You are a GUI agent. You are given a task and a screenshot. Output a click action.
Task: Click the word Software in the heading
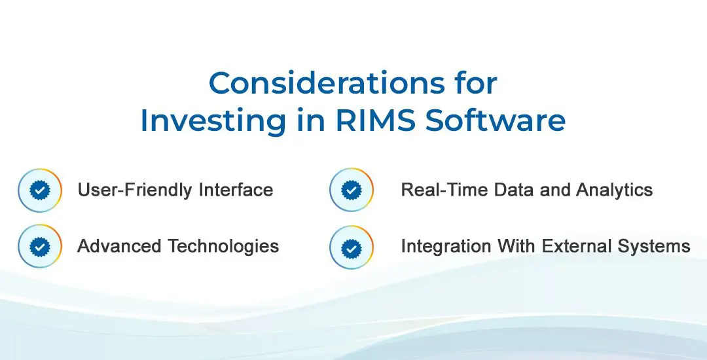coord(496,120)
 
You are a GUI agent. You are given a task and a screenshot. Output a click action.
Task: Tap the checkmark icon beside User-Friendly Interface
coord(40,190)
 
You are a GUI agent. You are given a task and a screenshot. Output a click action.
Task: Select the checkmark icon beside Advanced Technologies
coord(40,247)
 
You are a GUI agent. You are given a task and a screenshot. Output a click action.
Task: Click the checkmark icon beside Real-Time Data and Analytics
coord(352,190)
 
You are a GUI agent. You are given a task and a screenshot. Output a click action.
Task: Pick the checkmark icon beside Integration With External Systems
coord(352,247)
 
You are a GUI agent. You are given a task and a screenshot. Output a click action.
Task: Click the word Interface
coord(236,190)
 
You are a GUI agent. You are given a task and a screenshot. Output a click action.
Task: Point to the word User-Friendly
coord(136,190)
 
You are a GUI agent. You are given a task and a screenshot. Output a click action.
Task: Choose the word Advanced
coord(119,246)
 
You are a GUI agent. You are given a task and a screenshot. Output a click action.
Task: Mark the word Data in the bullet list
coord(514,190)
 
